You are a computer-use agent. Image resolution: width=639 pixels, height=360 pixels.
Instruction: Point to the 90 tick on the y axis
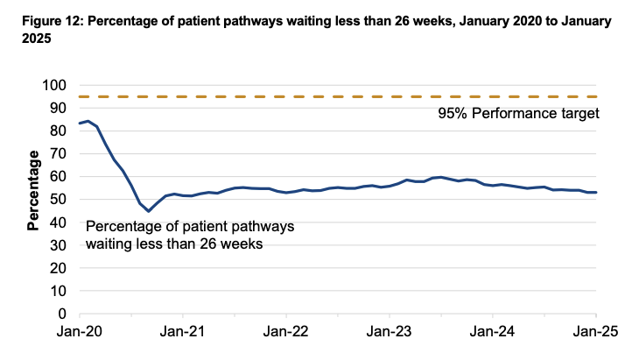tap(58, 109)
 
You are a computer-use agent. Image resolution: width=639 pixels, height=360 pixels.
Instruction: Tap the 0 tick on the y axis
tap(62, 314)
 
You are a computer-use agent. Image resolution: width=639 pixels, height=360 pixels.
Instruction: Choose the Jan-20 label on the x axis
tap(79, 333)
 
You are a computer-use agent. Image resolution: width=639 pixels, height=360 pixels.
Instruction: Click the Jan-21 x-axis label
tap(182, 333)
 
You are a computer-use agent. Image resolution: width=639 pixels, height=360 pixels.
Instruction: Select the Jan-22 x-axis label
tap(286, 333)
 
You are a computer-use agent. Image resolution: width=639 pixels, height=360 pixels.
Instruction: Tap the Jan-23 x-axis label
tap(390, 333)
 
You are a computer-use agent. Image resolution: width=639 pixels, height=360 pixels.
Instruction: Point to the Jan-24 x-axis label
tap(493, 333)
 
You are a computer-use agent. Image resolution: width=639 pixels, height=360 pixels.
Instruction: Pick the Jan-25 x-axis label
tap(596, 333)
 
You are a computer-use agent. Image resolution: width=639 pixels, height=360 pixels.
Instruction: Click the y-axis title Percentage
tap(33, 191)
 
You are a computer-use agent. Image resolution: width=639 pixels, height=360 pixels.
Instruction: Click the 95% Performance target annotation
tap(517, 114)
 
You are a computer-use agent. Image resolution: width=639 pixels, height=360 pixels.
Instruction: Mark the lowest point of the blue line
tap(148, 211)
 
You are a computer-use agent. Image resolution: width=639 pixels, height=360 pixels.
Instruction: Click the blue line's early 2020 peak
tap(88, 122)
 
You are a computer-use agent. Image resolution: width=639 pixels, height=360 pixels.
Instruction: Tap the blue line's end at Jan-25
tap(596, 192)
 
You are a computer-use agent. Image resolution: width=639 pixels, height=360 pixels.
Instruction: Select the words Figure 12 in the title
tap(39, 19)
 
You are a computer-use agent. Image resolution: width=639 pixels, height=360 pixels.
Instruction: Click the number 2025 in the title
tap(23, 37)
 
